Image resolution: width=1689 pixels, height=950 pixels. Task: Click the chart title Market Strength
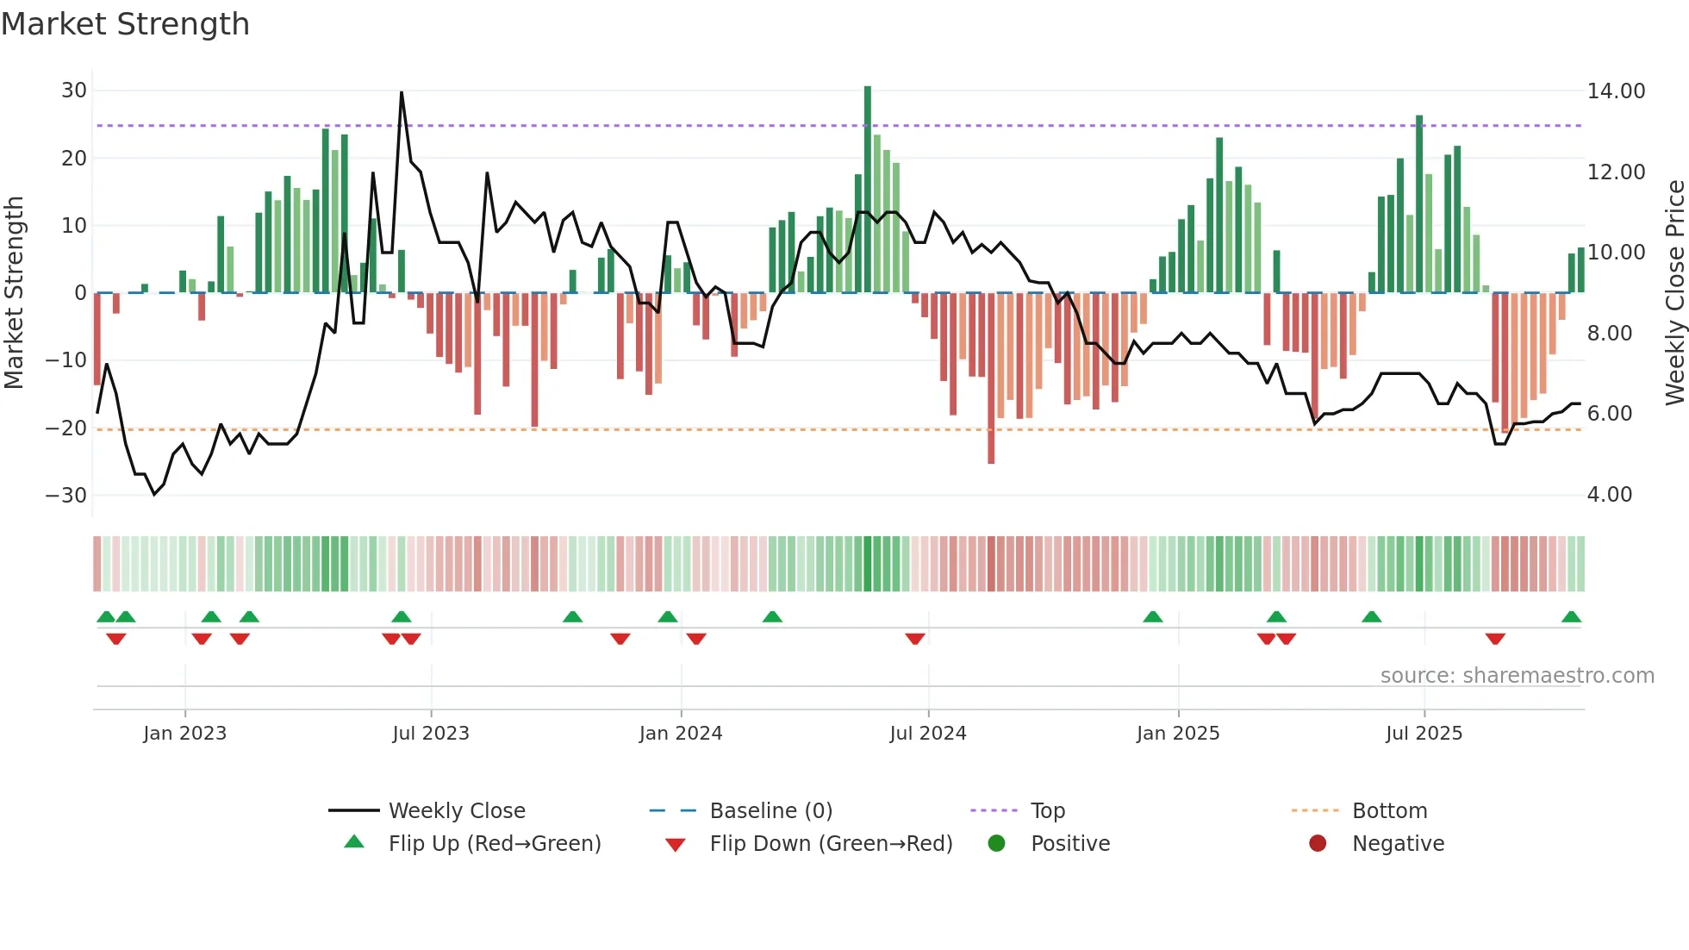[x=125, y=24]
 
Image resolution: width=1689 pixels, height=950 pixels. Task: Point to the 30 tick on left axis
[x=74, y=91]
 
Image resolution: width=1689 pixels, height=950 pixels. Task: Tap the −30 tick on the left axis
[x=66, y=496]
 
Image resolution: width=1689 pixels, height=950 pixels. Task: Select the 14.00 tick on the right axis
[x=1616, y=91]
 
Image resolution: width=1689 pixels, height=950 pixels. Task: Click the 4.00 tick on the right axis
[x=1609, y=495]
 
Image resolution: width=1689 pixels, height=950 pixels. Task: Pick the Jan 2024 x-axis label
[x=680, y=734]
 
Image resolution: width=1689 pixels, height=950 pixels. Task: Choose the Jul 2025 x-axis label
[x=1424, y=734]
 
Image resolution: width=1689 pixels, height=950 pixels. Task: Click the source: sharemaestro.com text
[x=1517, y=676]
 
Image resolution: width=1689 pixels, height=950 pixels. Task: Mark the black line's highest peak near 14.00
[x=402, y=93]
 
